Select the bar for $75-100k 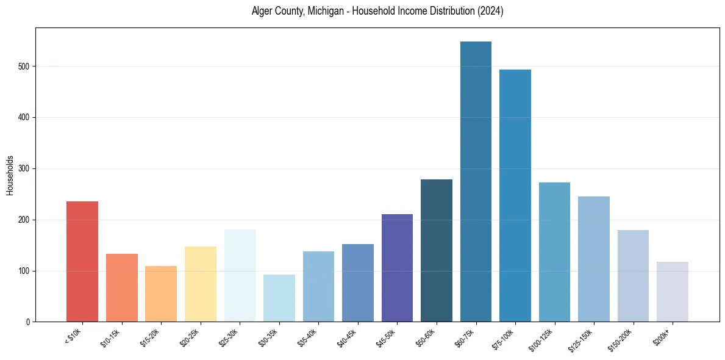coord(515,196)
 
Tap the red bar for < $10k coord(82,262)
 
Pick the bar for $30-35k coord(279,298)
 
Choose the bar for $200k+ coord(673,292)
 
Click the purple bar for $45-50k coord(397,268)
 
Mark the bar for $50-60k coord(437,251)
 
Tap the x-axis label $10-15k coord(112,336)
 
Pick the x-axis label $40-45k coord(348,336)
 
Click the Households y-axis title coord(10,175)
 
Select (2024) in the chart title coord(491,12)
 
